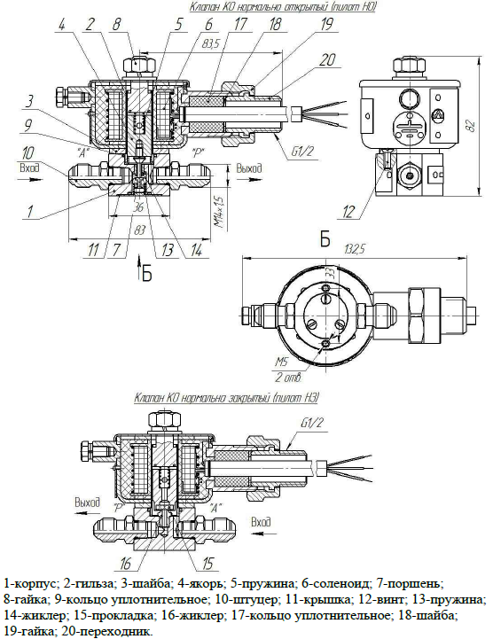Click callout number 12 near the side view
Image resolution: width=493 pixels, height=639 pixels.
click(x=348, y=212)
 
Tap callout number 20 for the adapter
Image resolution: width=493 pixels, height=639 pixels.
click(x=327, y=60)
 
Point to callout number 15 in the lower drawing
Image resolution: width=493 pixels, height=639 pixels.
click(x=207, y=563)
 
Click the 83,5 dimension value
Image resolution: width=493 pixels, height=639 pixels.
click(x=209, y=44)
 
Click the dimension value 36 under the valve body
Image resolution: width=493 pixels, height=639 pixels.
click(x=138, y=207)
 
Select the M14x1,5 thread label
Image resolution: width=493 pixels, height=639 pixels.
click(x=220, y=212)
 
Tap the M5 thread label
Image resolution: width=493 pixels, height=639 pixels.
click(x=281, y=361)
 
